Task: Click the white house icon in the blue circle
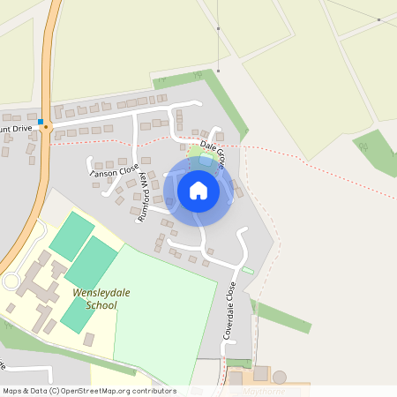point(198,190)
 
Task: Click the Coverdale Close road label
point(229,311)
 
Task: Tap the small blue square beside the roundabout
point(41,121)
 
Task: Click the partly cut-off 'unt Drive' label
point(15,129)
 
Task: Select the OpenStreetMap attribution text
point(89,391)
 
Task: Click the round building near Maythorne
point(280,377)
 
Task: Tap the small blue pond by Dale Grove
point(206,161)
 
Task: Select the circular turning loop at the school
point(11,281)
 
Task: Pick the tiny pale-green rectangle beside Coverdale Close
point(248,270)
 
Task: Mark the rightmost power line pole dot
point(378,19)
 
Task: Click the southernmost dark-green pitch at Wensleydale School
point(75,314)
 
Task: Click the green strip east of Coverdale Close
point(282,316)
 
